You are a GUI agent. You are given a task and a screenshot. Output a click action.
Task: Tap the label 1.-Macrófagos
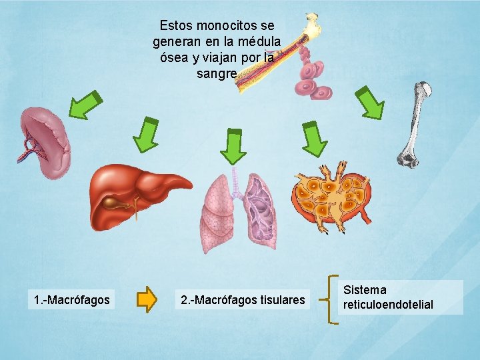click(x=72, y=300)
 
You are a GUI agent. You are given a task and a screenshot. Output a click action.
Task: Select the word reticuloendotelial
click(x=388, y=305)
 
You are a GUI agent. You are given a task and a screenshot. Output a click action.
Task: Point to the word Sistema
click(x=365, y=290)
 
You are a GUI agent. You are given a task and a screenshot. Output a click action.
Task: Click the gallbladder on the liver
click(x=123, y=203)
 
